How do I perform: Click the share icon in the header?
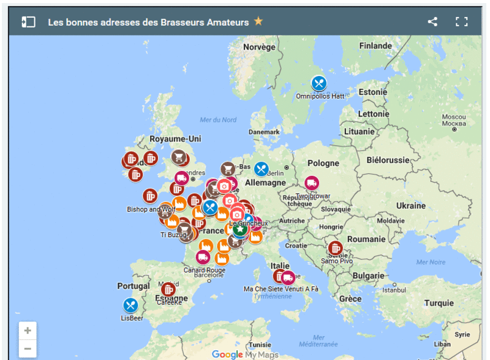(x=432, y=22)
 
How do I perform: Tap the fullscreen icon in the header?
(x=461, y=22)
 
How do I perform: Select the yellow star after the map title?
(x=258, y=21)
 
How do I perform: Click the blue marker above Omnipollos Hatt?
(x=318, y=84)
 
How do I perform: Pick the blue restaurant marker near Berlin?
(x=262, y=169)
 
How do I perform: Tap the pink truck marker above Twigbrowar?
(x=312, y=183)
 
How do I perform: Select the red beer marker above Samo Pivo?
(x=335, y=248)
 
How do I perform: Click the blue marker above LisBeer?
(x=130, y=305)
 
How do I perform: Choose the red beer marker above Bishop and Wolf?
(x=150, y=196)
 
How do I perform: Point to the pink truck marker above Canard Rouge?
(x=203, y=257)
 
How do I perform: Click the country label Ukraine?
(x=410, y=206)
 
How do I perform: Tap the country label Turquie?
(x=439, y=303)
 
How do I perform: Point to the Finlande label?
(x=375, y=46)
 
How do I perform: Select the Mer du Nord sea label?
(x=218, y=119)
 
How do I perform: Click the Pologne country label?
(x=323, y=163)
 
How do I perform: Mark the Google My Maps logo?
(x=245, y=354)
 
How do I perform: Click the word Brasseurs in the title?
(x=181, y=22)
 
